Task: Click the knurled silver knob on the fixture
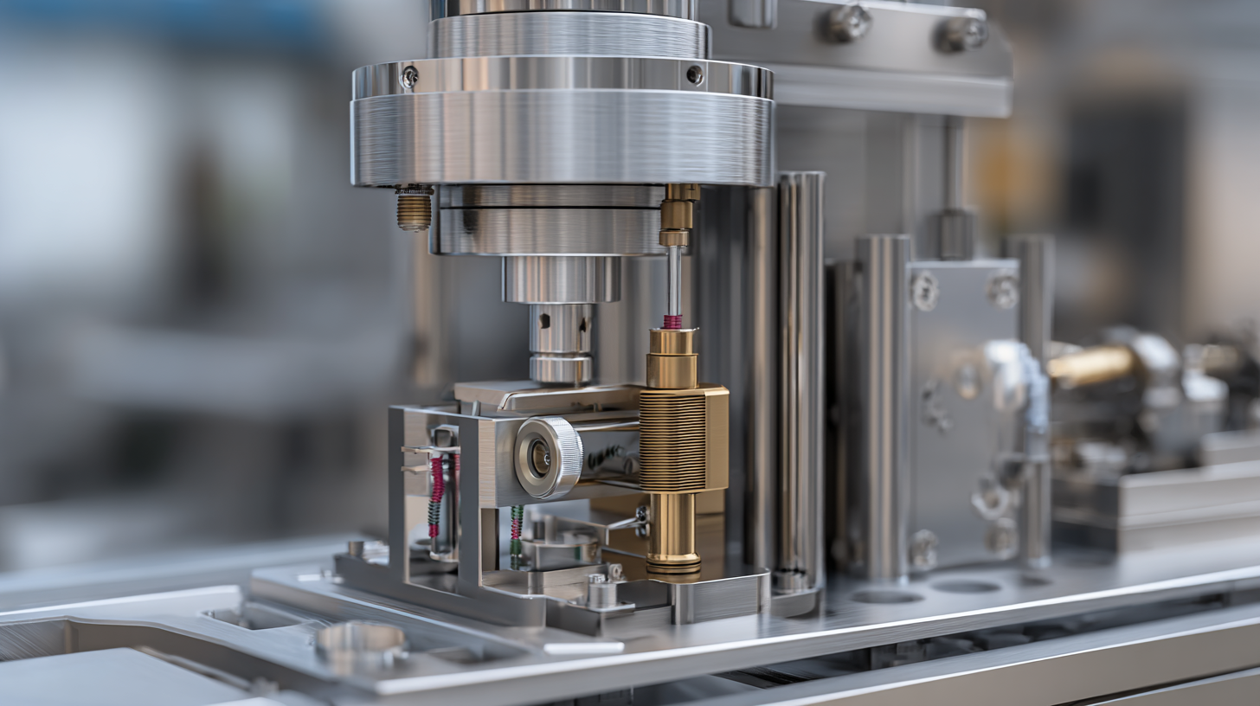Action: (549, 458)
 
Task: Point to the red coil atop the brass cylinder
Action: (672, 322)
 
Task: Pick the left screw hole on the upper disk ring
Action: (408, 77)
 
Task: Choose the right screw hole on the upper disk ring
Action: (694, 74)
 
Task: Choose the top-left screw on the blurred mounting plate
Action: (924, 291)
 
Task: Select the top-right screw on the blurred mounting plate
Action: (1003, 291)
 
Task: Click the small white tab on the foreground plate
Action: (583, 647)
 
